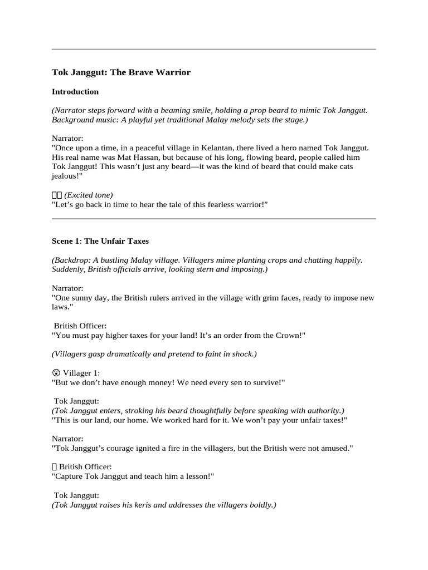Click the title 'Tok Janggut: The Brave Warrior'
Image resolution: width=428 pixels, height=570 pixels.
click(x=121, y=72)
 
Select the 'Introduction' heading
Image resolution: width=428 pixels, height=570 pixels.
click(x=75, y=92)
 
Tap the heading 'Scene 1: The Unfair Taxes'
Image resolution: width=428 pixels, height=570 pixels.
click(x=100, y=242)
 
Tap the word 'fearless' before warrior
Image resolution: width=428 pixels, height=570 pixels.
click(x=208, y=205)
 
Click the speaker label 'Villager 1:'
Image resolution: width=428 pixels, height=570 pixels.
click(x=81, y=373)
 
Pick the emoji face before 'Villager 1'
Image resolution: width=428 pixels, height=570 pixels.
click(x=56, y=373)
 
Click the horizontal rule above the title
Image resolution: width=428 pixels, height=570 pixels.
click(x=214, y=50)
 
